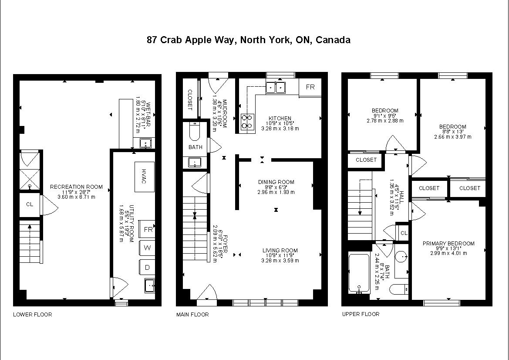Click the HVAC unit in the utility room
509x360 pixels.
point(145,177)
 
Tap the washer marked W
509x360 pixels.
point(147,248)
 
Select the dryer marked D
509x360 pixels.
point(147,268)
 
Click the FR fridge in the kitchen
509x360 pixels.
point(310,87)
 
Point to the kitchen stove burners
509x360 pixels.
point(247,122)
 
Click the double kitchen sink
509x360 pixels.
point(276,87)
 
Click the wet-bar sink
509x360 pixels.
point(145,143)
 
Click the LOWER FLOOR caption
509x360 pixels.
point(33,315)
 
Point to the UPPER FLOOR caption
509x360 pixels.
point(361,314)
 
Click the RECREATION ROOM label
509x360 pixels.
point(76,187)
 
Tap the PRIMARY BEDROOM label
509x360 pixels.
point(448,243)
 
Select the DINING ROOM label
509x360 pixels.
point(276,182)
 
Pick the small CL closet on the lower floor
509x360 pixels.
point(30,204)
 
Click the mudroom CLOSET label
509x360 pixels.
point(190,100)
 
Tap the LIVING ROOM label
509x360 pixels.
point(280,250)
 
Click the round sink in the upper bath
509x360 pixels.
point(401,257)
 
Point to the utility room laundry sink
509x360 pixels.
point(150,285)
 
